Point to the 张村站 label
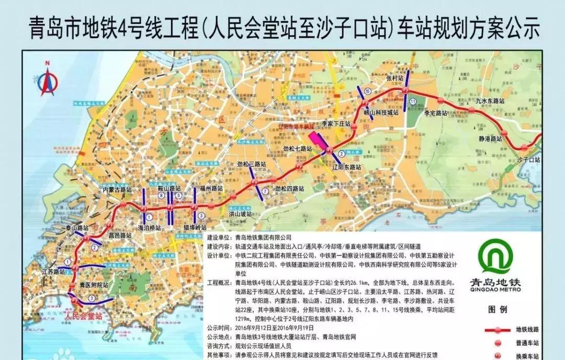(395, 78)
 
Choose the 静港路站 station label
(489, 139)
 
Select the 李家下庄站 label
(335, 124)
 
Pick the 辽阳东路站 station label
(347, 167)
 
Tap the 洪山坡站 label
(240, 214)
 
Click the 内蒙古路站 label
(117, 189)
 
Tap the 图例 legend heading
(496, 309)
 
